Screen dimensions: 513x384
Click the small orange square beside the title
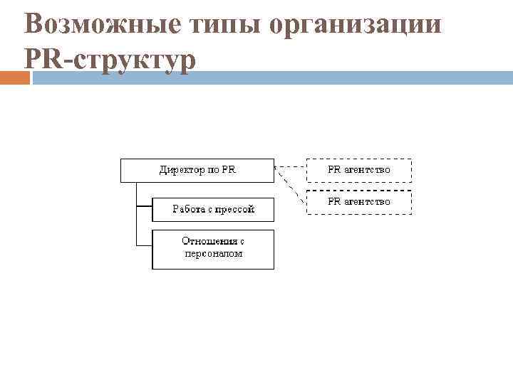[15, 78]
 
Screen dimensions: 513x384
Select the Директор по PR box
[197, 171]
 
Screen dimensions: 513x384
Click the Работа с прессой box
[213, 209]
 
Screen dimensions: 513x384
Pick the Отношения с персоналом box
[213, 249]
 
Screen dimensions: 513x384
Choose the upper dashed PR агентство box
[359, 171]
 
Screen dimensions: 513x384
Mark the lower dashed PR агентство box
[359, 203]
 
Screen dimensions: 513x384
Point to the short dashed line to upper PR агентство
[290, 168]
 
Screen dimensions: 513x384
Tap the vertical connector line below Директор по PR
[136, 213]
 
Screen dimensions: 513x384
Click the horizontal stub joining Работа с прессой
[144, 207]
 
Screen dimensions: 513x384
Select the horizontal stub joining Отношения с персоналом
[144, 245]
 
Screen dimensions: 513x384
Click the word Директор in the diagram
[180, 171]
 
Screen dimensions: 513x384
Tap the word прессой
[234, 209]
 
